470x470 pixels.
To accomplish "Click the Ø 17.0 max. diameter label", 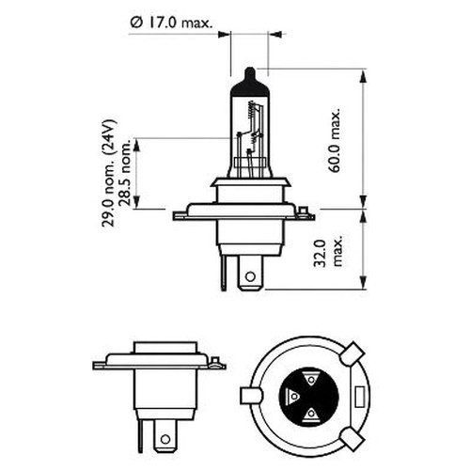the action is (x=171, y=23).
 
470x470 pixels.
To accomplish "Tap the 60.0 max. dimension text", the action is (x=334, y=141).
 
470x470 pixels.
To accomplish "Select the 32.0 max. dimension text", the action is (x=328, y=254).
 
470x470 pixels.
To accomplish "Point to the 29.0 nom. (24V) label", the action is (x=109, y=173).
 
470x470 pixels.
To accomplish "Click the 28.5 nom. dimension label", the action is (x=124, y=172).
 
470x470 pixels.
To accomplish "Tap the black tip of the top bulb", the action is (x=250, y=82).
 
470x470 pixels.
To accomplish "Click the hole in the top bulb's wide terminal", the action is (x=250, y=276).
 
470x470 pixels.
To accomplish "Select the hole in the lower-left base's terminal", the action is (x=164, y=439).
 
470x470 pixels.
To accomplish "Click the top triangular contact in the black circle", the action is (x=311, y=380).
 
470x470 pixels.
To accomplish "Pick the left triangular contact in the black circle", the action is (x=293, y=397).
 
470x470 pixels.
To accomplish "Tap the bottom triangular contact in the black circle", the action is (x=311, y=414).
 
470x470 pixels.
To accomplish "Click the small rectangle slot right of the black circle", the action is (x=360, y=396).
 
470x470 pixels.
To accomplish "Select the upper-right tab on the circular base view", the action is (x=352, y=354).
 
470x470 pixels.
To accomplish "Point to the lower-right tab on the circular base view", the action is (x=352, y=439).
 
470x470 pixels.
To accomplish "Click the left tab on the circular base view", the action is (x=251, y=396).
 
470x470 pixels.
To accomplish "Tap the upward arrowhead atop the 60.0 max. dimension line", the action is (x=363, y=77).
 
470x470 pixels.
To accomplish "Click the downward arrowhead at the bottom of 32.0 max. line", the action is (x=363, y=282).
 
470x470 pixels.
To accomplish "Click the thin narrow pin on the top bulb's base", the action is (x=223, y=273).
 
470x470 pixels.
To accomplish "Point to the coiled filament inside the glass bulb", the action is (x=251, y=110).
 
